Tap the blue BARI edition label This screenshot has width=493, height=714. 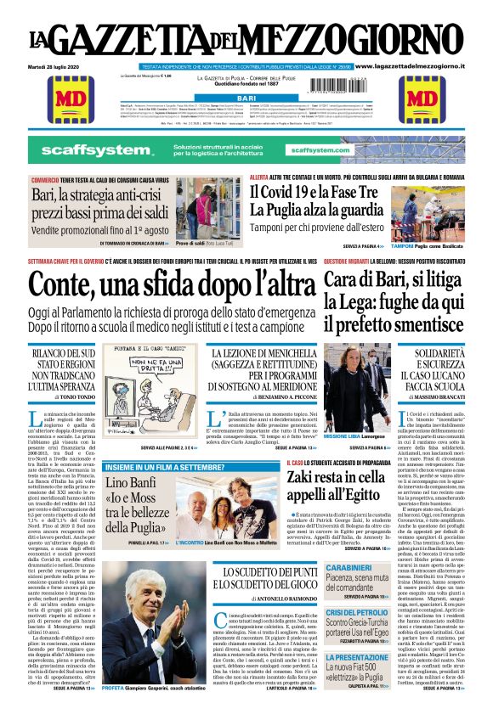[x=246, y=98]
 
